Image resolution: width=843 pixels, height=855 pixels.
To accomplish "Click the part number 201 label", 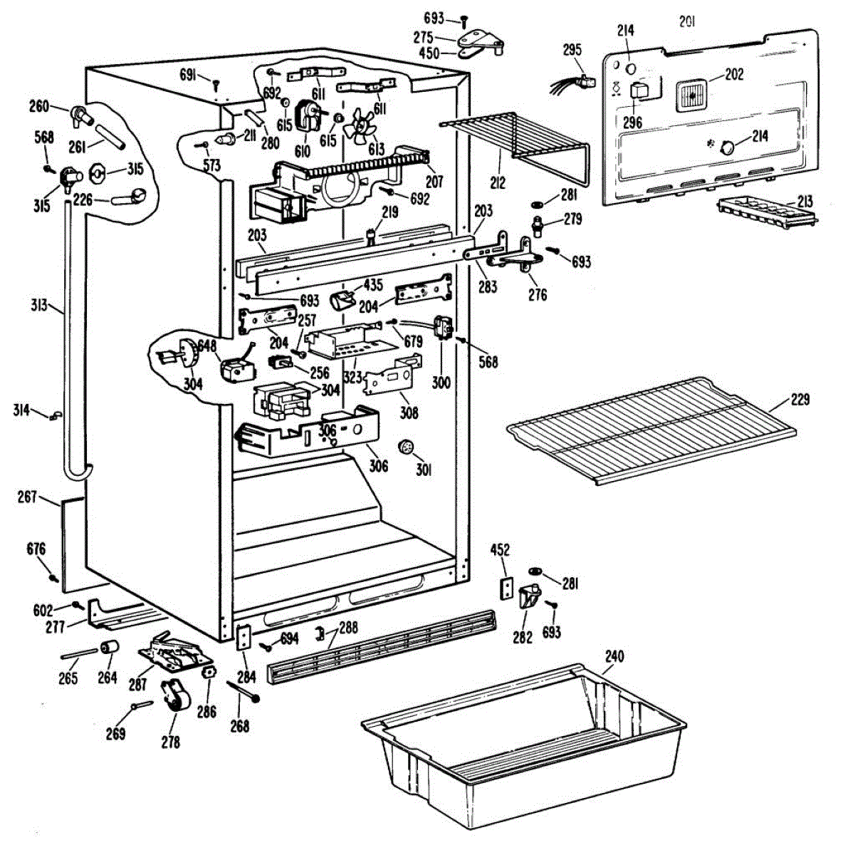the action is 687,22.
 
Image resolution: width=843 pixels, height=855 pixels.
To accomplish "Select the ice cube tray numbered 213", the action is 767,212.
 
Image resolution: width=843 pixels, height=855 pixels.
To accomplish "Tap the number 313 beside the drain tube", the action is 39,305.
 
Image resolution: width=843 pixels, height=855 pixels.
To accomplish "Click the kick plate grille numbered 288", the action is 382,646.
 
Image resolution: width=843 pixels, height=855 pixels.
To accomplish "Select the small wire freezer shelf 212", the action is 514,142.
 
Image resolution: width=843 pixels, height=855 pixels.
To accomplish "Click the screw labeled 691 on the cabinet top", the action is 216,83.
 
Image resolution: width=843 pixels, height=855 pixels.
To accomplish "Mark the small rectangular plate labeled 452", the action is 506,588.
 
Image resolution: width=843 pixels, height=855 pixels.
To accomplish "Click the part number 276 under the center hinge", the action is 538,294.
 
